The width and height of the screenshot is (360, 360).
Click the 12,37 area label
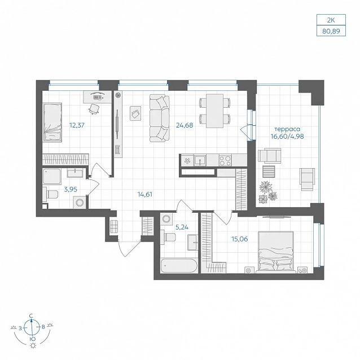pos(77,125)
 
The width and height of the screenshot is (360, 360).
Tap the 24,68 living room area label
pos(185,125)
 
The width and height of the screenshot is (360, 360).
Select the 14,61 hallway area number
pos(145,195)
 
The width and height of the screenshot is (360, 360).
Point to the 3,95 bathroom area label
pos(71,190)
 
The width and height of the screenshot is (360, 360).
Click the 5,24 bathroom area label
pos(182,227)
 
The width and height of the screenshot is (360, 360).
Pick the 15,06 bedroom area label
pos(240,239)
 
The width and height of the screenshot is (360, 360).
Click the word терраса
pos(287,129)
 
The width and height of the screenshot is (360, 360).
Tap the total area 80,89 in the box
pos(331,31)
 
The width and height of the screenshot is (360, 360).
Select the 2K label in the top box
pos(331,20)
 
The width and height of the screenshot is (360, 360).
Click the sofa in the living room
pos(160,118)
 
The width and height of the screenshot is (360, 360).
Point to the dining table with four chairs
pos(214,111)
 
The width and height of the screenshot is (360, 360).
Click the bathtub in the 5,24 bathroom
pos(179,265)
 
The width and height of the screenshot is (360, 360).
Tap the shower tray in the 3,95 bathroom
pos(52,176)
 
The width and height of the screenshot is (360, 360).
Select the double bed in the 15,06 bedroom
pos(276,252)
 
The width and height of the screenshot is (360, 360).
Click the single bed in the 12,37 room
pos(52,122)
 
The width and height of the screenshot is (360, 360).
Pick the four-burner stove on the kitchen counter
pos(225,160)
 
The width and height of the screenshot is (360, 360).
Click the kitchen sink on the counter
pos(200,160)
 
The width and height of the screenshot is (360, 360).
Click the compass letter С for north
pos(31,315)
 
